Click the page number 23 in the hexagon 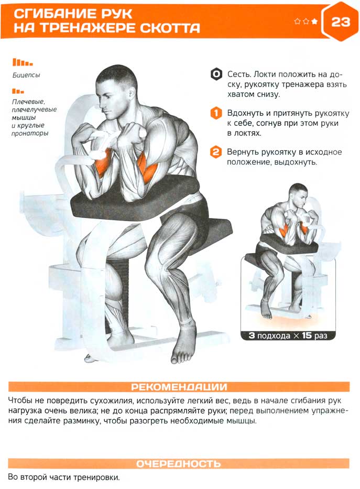341,22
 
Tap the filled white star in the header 314,21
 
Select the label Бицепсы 26,75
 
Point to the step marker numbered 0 216,74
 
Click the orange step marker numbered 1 216,113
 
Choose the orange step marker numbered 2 216,152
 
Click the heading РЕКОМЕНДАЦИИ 179,387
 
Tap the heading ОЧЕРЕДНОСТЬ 179,464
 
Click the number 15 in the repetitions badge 307,335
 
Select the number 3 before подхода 252,335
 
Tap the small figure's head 298,196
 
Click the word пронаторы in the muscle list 30,134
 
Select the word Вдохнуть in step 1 246,113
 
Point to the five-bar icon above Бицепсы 23,62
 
